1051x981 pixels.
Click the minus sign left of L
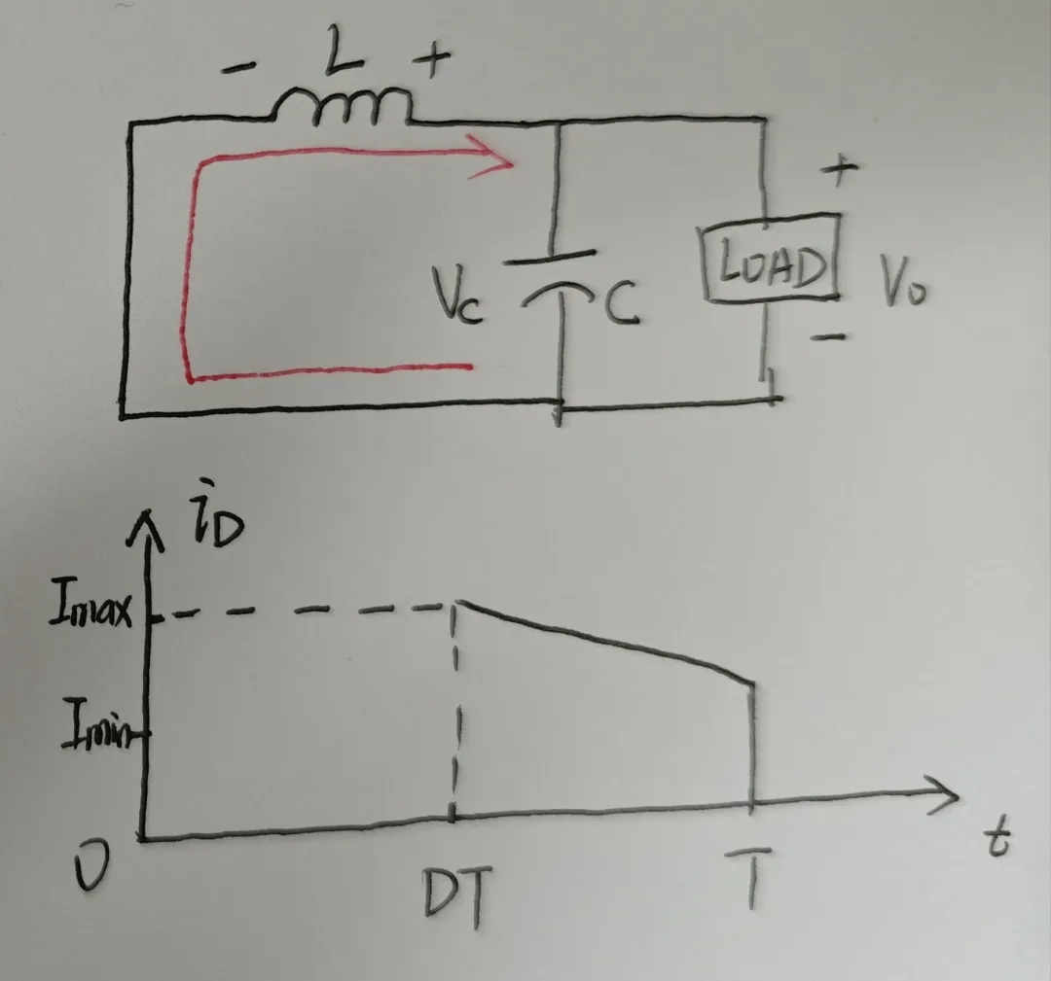point(239,66)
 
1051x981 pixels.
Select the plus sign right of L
point(432,59)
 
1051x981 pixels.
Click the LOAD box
point(770,257)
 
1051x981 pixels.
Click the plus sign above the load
point(839,170)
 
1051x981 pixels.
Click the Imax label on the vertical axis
point(91,605)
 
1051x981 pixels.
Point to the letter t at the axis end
point(997,839)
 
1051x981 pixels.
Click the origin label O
point(91,866)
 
